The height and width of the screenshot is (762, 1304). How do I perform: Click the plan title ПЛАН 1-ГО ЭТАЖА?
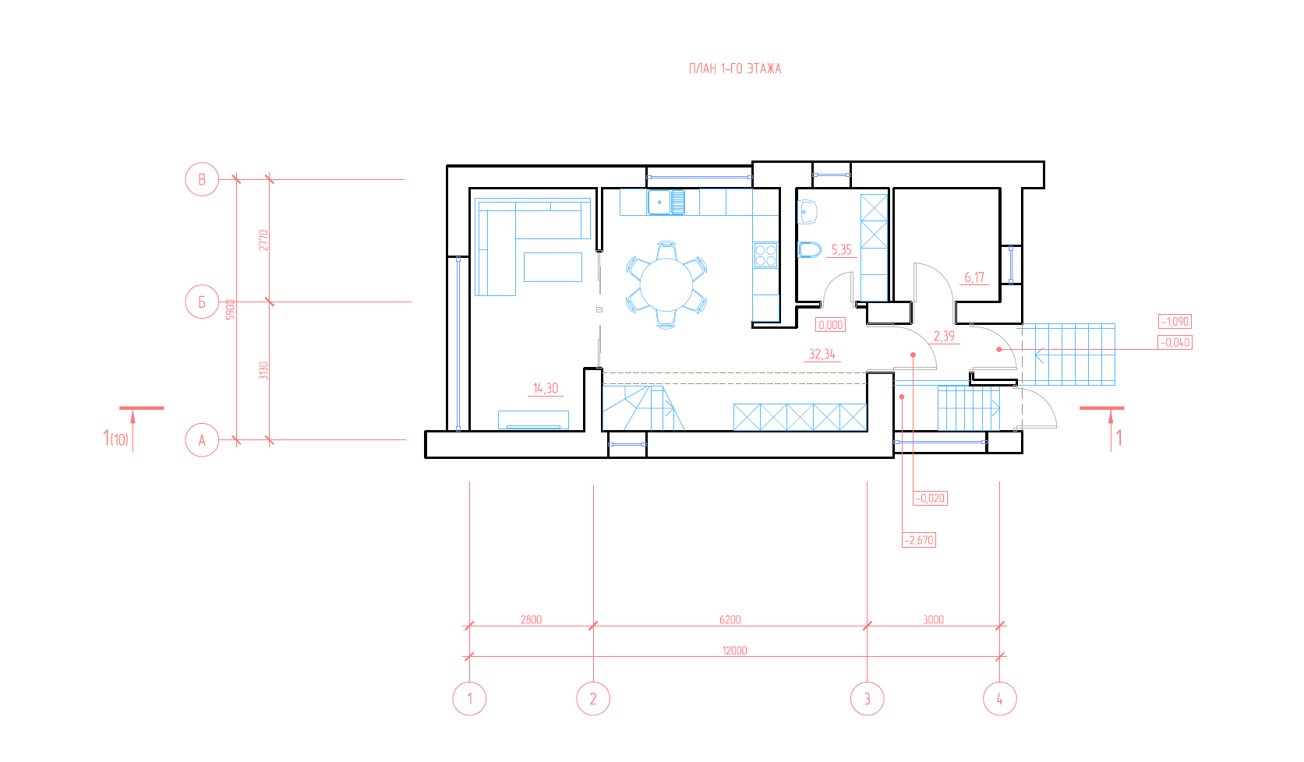point(735,69)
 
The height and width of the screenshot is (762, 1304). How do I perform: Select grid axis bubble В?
point(202,179)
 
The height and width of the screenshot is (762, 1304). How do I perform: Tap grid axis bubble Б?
point(202,302)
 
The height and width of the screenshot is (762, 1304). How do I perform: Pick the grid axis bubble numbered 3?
point(867,699)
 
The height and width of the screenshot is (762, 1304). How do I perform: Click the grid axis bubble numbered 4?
point(999,699)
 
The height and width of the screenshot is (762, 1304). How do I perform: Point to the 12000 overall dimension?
point(735,651)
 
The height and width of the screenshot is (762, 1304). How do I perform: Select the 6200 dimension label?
point(730,619)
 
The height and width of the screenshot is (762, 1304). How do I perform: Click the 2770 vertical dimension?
point(263,241)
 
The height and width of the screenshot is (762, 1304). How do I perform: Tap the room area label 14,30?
point(546,388)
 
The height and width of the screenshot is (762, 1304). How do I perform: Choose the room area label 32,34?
point(822,354)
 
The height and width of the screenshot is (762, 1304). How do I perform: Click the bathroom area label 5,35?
point(841,250)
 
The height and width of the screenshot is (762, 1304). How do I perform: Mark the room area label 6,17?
point(974,277)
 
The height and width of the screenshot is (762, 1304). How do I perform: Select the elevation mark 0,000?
point(830,325)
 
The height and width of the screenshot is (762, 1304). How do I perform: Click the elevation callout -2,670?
point(919,540)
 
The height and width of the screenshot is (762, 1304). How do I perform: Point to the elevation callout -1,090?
point(1175,321)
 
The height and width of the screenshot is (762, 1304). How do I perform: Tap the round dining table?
point(666,285)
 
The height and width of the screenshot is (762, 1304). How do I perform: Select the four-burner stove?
point(765,255)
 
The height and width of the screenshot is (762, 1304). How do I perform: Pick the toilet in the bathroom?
point(809,250)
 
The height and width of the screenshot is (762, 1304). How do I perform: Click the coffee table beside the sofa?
point(553,267)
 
